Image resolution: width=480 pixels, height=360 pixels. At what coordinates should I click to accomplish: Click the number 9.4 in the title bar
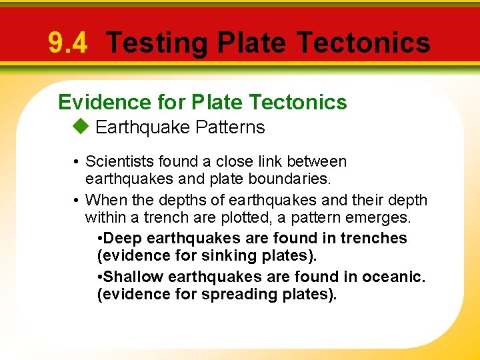pos(67,43)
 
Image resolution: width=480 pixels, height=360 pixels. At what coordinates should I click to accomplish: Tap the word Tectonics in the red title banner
pos(363,43)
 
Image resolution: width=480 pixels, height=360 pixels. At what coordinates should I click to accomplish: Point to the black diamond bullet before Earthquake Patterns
pos(80,127)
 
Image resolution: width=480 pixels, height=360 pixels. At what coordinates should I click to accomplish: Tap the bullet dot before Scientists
pos(77,162)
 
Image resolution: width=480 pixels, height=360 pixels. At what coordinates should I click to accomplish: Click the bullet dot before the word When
pos(77,200)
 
